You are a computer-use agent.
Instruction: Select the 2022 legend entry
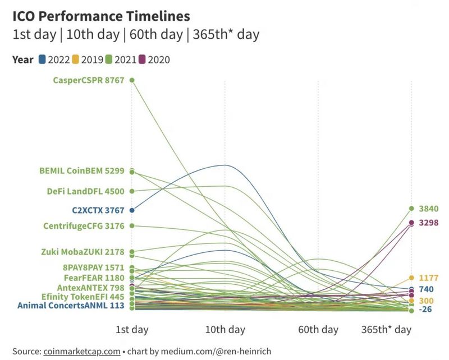(54, 59)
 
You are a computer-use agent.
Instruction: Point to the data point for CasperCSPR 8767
(132, 80)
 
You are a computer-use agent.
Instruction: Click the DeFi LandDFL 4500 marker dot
(132, 191)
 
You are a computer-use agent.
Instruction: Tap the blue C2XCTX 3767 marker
(132, 210)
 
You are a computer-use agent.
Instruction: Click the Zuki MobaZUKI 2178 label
(83, 252)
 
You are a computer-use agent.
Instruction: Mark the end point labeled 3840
(411, 209)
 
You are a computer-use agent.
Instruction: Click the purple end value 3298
(428, 223)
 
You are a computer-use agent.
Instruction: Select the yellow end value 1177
(428, 278)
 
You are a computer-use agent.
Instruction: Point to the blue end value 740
(426, 289)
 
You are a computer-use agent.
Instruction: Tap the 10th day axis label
(225, 330)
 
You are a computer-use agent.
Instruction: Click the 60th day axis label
(318, 330)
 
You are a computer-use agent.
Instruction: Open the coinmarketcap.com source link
(81, 352)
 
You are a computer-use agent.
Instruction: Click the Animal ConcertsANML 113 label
(70, 306)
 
